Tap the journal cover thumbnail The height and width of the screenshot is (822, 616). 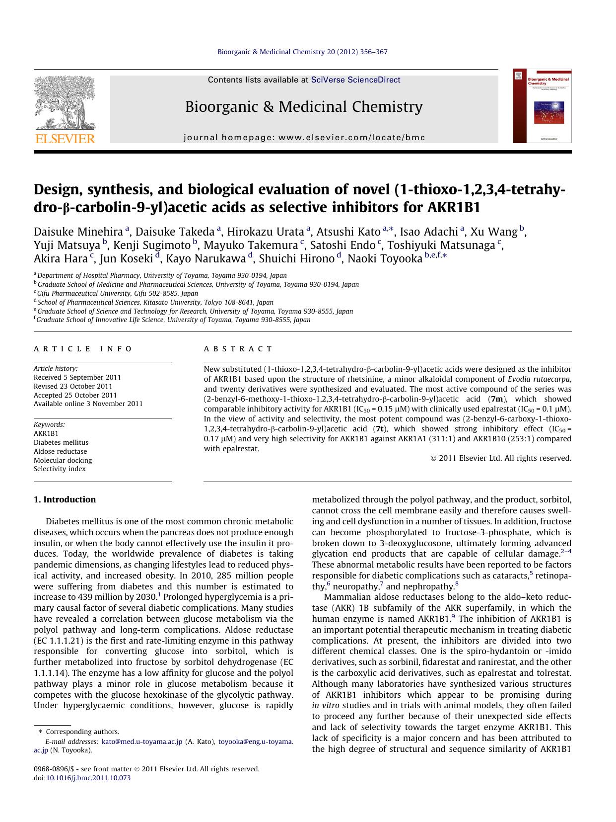[542, 106]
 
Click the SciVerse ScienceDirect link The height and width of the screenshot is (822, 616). [355, 80]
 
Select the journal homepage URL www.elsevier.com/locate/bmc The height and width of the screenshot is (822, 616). [352, 138]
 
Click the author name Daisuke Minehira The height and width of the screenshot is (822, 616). [78, 232]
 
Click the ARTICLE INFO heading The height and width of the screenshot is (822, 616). [83, 349]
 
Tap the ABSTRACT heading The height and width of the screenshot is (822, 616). [238, 349]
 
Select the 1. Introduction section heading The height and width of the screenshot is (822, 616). [65, 499]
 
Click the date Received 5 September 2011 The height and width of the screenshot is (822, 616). [77, 377]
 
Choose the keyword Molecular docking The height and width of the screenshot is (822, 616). [63, 460]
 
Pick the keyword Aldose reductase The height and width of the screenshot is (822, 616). [60, 451]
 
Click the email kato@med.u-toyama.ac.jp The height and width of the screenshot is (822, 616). [142, 741]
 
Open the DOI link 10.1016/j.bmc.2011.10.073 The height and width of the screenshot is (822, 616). [88, 778]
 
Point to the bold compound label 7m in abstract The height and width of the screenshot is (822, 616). [496, 399]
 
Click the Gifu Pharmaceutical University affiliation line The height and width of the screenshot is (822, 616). [118, 293]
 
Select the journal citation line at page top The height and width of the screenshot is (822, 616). [302, 52]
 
